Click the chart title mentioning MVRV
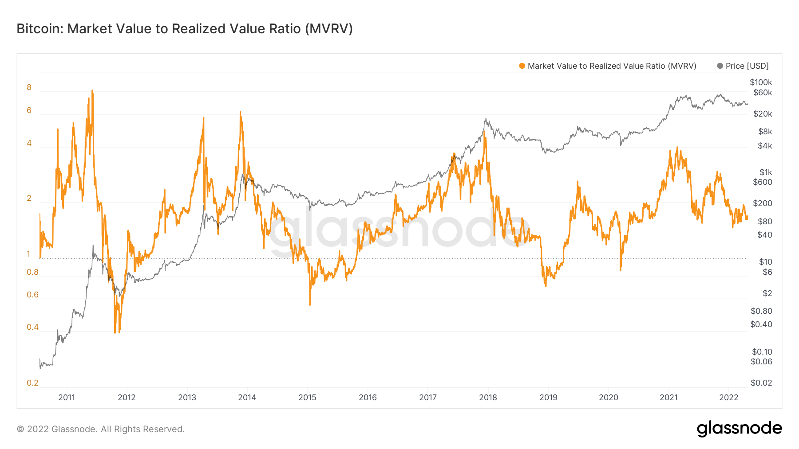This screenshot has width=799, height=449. coord(185,29)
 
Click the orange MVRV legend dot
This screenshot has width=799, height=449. coord(522,66)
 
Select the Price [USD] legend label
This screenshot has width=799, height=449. coord(747,66)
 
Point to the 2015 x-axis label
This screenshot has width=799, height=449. coord(307,398)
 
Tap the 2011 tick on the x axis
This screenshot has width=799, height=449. coord(67,398)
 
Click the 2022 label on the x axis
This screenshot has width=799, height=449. coord(728,398)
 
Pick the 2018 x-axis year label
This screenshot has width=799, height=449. coord(488,398)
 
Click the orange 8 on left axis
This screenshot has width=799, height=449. coord(29,87)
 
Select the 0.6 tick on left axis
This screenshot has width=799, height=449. coord(32,295)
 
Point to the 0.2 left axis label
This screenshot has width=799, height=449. coord(32,383)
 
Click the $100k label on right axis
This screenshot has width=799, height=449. coord(761,82)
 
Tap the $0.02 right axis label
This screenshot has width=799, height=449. coord(761,383)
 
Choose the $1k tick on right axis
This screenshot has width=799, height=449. coord(766,172)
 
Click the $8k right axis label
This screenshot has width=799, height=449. coord(765,132)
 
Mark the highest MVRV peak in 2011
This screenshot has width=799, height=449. coord(92,91)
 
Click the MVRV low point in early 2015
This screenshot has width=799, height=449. coord(310,304)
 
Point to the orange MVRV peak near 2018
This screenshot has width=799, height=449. coord(485,132)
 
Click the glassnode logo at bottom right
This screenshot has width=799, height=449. coord(739,429)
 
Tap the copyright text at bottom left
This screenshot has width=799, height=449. coord(101,429)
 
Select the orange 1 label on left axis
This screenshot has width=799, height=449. coord(28,254)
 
